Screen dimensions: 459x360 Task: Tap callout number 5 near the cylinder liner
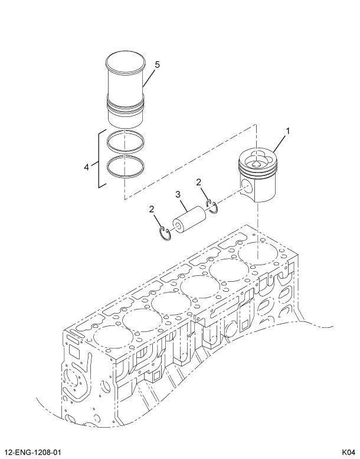coord(157,64)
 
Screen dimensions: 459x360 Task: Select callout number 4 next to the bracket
coord(87,167)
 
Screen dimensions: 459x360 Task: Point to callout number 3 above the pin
coord(177,194)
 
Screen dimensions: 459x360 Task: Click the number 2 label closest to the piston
coord(199,183)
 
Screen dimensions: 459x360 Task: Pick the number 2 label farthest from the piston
coord(152,209)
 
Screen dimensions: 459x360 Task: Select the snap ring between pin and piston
coord(212,205)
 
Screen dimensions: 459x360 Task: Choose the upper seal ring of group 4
coord(125,141)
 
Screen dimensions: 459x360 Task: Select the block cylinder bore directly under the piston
coord(257,253)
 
